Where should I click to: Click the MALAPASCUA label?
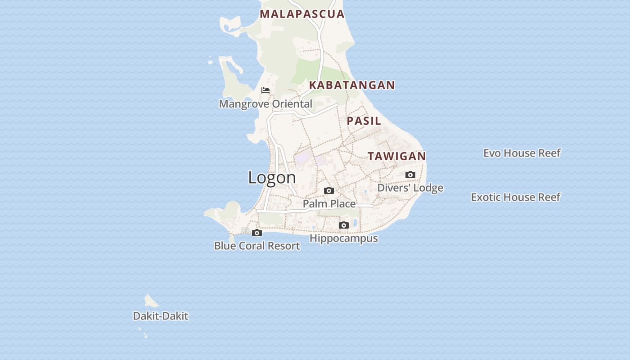tap(302, 14)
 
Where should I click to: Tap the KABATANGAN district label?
tap(352, 85)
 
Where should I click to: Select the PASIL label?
tap(364, 121)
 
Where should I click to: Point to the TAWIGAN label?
tap(396, 156)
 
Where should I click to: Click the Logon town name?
tap(272, 177)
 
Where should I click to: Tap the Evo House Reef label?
tap(522, 153)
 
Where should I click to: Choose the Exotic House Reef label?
tap(515, 197)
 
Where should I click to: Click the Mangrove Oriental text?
tap(265, 104)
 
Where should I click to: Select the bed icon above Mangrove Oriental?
tap(265, 90)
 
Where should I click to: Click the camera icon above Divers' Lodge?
tap(410, 175)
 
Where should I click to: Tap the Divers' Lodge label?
tap(410, 188)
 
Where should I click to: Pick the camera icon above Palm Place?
tap(329, 190)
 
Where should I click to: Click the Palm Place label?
tap(329, 204)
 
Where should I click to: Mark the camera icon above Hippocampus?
tap(343, 225)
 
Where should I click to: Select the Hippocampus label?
tap(343, 238)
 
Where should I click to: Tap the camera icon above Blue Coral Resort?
tap(257, 233)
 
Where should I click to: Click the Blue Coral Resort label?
tap(257, 246)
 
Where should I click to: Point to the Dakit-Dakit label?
tap(160, 316)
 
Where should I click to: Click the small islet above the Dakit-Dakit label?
tap(151, 301)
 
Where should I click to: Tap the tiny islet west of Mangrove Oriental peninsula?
tap(210, 61)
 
